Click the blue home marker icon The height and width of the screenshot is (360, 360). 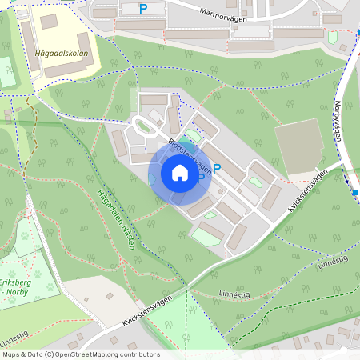pyautogui.click(x=179, y=174)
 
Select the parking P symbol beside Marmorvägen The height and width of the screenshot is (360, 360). pyautogui.click(x=143, y=9)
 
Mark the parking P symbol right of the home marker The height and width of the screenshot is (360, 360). pyautogui.click(x=216, y=169)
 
